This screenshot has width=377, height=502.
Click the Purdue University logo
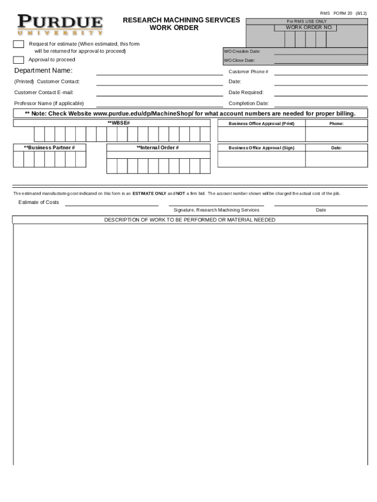tap(60, 25)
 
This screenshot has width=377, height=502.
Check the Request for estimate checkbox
tap(19, 44)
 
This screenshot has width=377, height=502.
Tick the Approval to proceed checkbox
tap(19, 60)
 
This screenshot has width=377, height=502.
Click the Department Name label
tap(43, 71)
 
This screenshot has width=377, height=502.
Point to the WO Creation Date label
tap(242, 51)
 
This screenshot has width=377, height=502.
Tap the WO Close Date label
tap(239, 61)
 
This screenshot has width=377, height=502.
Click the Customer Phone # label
tap(248, 72)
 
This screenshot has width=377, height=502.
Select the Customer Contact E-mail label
tap(44, 93)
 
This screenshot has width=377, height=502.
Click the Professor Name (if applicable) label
tap(49, 103)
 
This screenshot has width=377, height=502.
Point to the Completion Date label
tap(248, 103)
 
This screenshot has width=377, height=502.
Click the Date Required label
tap(246, 93)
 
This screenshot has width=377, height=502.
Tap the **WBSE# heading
tap(118, 122)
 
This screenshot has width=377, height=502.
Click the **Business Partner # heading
tap(49, 148)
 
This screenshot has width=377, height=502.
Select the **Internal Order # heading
tap(157, 148)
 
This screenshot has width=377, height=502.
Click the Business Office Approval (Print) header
tap(261, 124)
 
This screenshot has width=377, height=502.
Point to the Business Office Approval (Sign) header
tap(261, 148)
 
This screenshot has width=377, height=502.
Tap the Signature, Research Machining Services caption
tap(216, 210)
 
